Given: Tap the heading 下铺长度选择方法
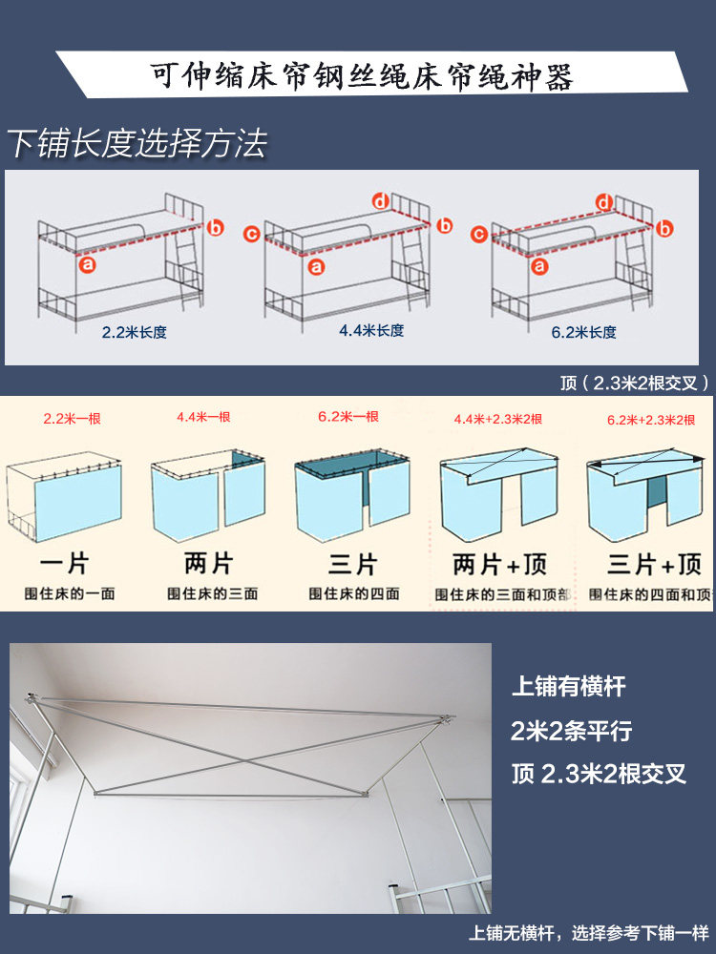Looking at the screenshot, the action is tap(137, 144).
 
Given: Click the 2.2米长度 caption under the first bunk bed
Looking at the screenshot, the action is tap(134, 332).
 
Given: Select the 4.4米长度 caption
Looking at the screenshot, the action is tap(371, 330).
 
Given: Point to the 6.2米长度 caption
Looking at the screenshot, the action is tap(584, 332).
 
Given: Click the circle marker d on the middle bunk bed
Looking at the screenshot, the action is tap(381, 200).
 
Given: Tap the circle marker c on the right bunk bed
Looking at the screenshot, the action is tap(479, 234).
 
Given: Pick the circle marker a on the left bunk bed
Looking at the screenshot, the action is tap(88, 264).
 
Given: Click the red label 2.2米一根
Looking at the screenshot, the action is tap(72, 419).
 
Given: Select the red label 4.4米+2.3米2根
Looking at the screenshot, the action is tap(498, 419).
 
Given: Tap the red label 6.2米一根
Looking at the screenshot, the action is tap(348, 417).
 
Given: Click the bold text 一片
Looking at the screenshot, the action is tap(65, 564).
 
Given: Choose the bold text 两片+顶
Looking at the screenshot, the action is tap(500, 565).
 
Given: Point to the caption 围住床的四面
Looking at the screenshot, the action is tap(354, 593).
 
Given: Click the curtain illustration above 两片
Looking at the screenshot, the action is tap(208, 495).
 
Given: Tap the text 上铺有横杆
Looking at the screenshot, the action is tap(569, 686).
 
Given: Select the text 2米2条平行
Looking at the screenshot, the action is tap(571, 731).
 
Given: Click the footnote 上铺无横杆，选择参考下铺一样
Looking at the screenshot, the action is tap(589, 933).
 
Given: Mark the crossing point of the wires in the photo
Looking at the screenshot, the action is tap(244, 761).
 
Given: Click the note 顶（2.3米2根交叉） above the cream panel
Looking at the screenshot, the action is tap(635, 383).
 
